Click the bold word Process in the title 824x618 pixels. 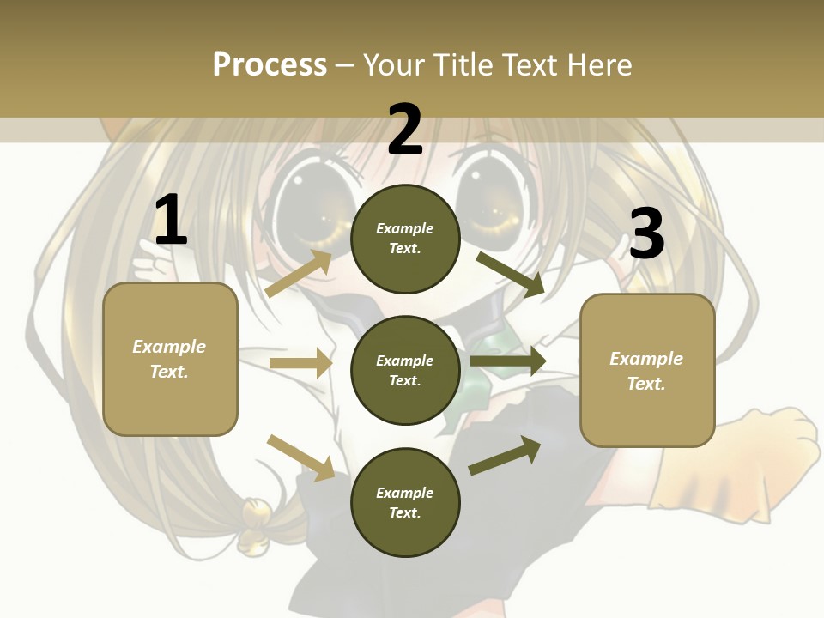click(x=270, y=64)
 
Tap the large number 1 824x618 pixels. click(x=171, y=221)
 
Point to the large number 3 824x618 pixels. click(x=647, y=234)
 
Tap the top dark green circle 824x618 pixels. click(x=406, y=239)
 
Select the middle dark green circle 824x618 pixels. click(x=406, y=370)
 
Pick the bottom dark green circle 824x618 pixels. click(x=406, y=502)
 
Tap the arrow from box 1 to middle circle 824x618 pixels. click(x=300, y=363)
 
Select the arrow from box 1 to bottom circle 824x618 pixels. click(x=301, y=457)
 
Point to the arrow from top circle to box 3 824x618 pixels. click(x=511, y=274)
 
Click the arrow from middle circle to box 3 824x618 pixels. click(x=508, y=361)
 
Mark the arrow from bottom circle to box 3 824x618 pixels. click(x=506, y=456)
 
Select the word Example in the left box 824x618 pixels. click(x=169, y=347)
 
